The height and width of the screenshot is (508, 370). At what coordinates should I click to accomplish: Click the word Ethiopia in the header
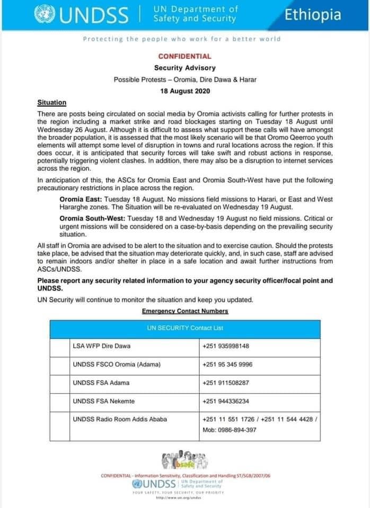(313, 14)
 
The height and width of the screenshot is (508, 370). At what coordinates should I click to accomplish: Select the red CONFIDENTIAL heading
(184, 56)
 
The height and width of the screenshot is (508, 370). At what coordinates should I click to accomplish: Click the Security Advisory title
(184, 68)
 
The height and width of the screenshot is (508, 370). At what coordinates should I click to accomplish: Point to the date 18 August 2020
(185, 91)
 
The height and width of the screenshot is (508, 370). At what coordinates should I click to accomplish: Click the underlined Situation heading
(51, 102)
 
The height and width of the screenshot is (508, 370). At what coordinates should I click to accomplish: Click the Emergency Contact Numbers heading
(184, 311)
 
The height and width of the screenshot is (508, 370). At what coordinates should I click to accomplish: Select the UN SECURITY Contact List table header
(185, 328)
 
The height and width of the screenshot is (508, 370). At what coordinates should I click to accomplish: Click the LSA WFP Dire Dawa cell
(101, 346)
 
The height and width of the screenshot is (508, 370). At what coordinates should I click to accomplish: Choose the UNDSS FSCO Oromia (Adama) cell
(117, 365)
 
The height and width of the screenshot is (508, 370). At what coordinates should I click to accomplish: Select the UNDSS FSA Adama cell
(101, 383)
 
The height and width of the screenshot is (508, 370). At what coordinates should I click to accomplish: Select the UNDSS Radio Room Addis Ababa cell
(120, 419)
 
